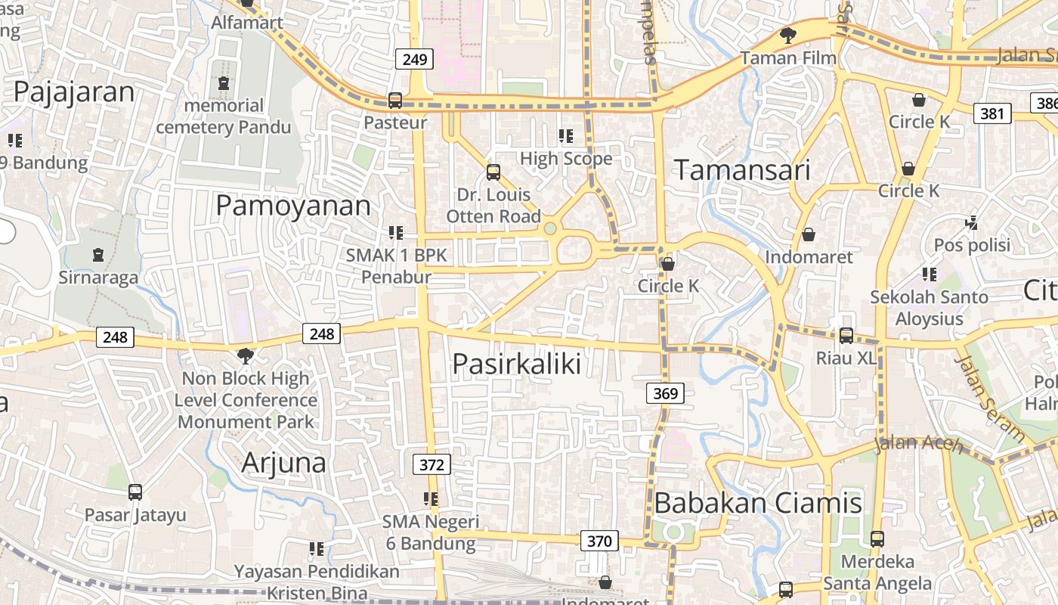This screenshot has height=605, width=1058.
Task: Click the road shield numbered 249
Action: (415, 59)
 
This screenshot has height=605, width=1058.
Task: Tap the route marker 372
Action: (432, 464)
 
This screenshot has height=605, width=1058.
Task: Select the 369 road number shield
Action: (665, 393)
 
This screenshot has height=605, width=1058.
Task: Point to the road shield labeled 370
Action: (599, 541)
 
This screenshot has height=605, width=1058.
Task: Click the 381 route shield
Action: (992, 114)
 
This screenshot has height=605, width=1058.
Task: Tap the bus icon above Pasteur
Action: (394, 100)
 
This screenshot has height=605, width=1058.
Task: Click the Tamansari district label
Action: (741, 170)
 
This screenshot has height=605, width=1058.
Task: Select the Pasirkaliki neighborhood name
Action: (517, 365)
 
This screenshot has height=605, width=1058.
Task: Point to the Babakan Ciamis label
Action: (758, 503)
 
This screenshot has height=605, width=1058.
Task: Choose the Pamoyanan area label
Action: (293, 206)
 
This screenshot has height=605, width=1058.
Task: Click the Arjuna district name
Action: (283, 463)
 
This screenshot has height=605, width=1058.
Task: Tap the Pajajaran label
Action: (74, 92)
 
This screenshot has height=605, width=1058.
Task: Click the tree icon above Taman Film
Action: (787, 35)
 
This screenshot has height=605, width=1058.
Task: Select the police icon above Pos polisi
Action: (972, 223)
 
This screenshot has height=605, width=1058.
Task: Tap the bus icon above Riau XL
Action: (846, 335)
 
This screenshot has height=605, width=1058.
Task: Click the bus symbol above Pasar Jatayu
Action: (135, 492)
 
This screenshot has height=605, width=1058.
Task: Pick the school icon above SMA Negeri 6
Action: (431, 499)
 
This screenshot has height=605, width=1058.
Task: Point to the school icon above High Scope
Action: (565, 136)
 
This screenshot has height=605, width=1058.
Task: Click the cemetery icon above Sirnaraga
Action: (98, 255)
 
